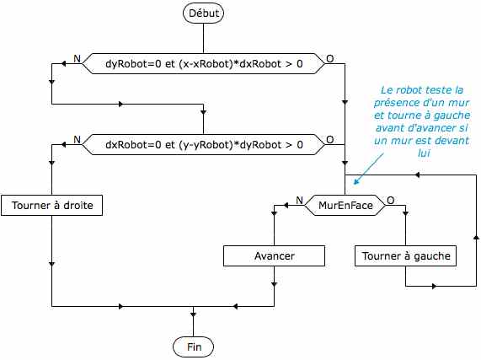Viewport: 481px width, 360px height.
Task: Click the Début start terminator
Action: pyautogui.click(x=203, y=13)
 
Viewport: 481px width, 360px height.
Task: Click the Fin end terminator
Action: pyautogui.click(x=193, y=347)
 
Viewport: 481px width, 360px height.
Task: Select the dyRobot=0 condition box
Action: pyautogui.click(x=204, y=63)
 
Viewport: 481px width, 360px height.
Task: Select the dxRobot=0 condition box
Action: pyautogui.click(x=204, y=144)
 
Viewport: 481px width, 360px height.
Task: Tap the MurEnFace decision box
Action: pyautogui.click(x=345, y=205)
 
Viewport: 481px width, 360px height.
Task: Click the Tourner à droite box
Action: pyautogui.click(x=52, y=205)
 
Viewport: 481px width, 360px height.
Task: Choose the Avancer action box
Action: pyautogui.click(x=274, y=255)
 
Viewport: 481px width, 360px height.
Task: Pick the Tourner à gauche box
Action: pyautogui.click(x=405, y=255)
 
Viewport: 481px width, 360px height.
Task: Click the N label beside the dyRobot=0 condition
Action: pyautogui.click(x=77, y=58)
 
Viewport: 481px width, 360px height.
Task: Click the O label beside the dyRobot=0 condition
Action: pyautogui.click(x=329, y=58)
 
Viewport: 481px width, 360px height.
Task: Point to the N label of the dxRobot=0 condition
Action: pyautogui.click(x=77, y=140)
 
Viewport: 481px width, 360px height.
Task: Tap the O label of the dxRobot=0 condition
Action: pyautogui.click(x=329, y=140)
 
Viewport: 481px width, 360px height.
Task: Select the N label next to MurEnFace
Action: pyautogui.click(x=299, y=200)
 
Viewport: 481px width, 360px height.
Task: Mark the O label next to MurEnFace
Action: pyautogui.click(x=391, y=200)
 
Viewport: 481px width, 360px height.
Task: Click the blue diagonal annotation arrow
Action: pyautogui.click(x=368, y=169)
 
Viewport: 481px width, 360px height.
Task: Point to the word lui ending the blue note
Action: pyautogui.click(x=424, y=153)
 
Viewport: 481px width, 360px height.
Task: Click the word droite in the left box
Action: pyautogui.click(x=77, y=206)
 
